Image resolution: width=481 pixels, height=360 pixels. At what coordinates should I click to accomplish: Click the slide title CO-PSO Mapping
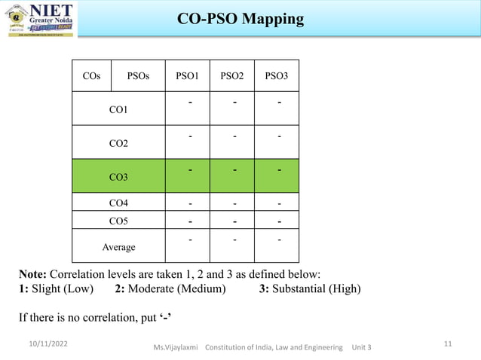pos(240,18)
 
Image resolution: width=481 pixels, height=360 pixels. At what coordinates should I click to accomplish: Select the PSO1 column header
pos(187,76)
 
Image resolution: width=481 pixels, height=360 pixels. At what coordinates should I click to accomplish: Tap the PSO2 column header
pos(232,76)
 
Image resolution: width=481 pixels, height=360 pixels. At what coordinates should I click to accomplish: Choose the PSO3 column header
pos(277,76)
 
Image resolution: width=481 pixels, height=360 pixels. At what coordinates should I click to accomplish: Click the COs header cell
pos(91,76)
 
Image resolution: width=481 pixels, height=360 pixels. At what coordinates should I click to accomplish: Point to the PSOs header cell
pos(138,76)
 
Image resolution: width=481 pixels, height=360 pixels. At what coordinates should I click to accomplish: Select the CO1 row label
pos(118,110)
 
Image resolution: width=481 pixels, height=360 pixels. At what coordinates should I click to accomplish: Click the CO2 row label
pos(118,143)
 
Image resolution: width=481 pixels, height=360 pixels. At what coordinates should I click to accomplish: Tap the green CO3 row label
pos(118,177)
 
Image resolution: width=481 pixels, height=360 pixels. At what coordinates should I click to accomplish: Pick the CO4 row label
pos(118,203)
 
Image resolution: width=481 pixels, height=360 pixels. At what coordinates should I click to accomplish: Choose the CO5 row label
pos(118,221)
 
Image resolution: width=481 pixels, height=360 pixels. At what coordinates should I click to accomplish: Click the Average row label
pos(118,247)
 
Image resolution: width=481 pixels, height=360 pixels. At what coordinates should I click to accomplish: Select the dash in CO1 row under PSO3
pos(279,102)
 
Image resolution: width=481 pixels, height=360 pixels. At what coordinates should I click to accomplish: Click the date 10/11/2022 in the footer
pos(44,343)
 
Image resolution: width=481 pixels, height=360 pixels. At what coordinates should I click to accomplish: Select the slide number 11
pos(448,343)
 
